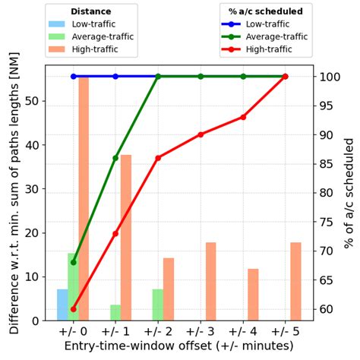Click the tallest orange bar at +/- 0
(x=84, y=197)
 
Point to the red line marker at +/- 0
(x=73, y=309)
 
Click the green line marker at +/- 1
(x=115, y=158)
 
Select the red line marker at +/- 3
(x=201, y=134)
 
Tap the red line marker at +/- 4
(x=243, y=117)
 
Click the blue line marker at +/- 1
(x=115, y=77)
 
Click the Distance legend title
(x=90, y=11)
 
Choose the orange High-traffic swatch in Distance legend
(x=58, y=49)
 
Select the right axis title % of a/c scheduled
(x=349, y=193)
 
